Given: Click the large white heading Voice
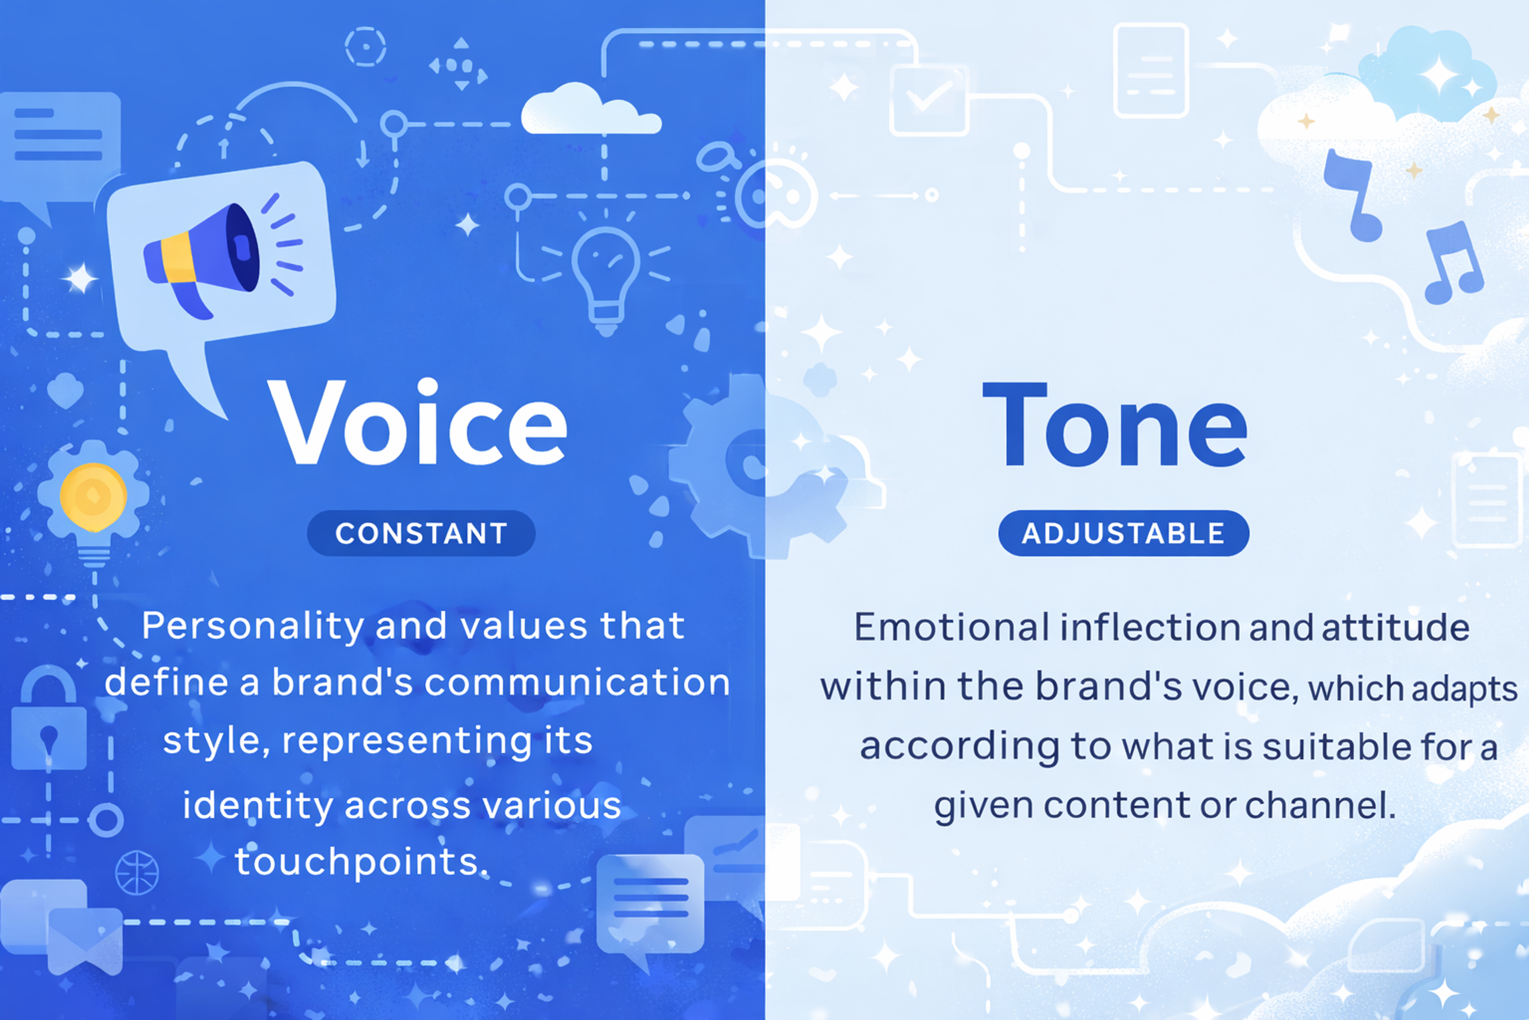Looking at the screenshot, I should click(x=417, y=423).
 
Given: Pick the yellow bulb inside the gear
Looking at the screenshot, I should click(x=93, y=496).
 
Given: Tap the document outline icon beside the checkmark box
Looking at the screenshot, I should click(x=1151, y=70).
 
